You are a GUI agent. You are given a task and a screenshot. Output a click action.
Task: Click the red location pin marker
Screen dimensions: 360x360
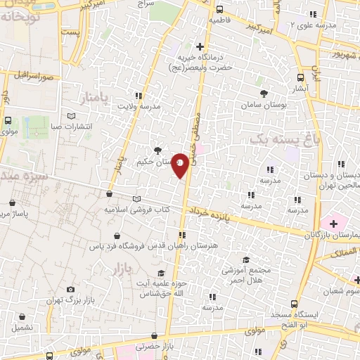click(x=181, y=165)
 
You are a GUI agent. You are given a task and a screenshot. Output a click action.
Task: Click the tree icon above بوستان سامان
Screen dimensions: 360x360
click(x=264, y=93)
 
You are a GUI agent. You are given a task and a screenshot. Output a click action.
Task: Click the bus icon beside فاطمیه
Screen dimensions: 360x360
click(x=220, y=10)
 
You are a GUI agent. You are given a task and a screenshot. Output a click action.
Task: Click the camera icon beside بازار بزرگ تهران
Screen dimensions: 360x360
click(x=70, y=289)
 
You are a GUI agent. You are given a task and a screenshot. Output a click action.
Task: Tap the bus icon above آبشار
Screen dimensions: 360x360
click(x=302, y=79)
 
